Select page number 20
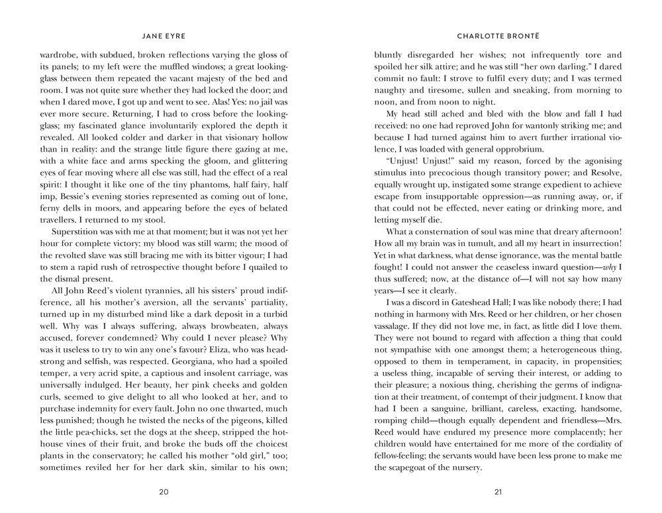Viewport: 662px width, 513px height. tap(164, 491)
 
